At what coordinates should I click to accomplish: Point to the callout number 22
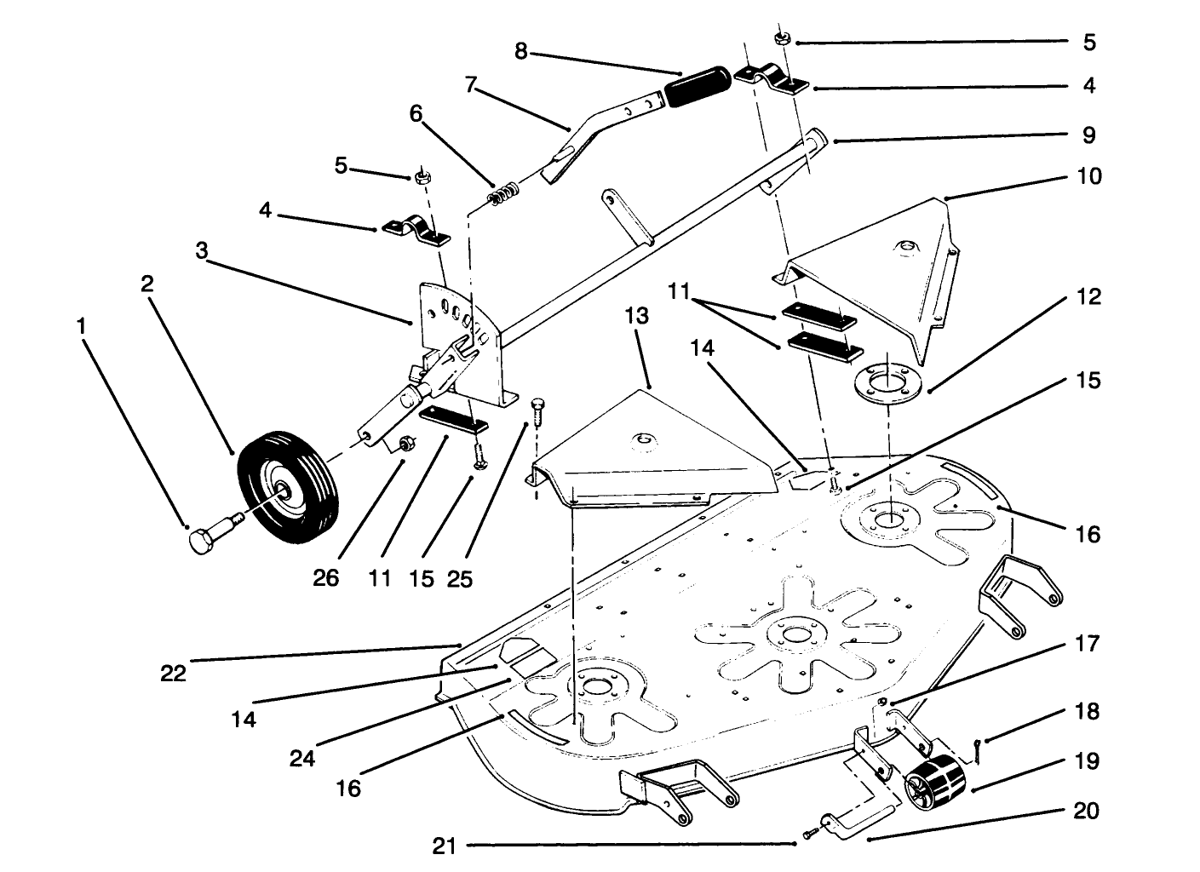(x=174, y=673)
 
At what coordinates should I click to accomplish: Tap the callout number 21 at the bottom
(x=445, y=846)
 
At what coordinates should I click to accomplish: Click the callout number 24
(x=302, y=757)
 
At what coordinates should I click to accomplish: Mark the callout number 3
(x=201, y=250)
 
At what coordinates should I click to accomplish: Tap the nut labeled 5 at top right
(x=781, y=38)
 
